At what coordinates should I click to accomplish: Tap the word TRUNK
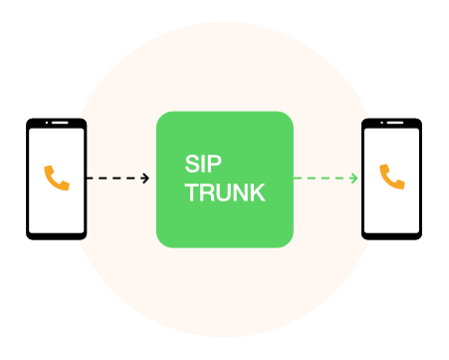point(225,192)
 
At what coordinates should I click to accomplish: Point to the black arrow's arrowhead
point(146,179)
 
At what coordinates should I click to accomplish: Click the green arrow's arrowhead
point(354,179)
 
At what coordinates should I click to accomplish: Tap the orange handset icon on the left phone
point(57,179)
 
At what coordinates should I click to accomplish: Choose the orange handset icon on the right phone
point(392,178)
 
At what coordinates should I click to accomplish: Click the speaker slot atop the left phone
point(59,124)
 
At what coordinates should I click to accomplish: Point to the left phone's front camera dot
point(43,124)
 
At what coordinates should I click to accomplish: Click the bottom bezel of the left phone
point(57,235)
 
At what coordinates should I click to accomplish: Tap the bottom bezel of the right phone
point(392,235)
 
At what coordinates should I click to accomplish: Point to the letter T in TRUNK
point(192,192)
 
